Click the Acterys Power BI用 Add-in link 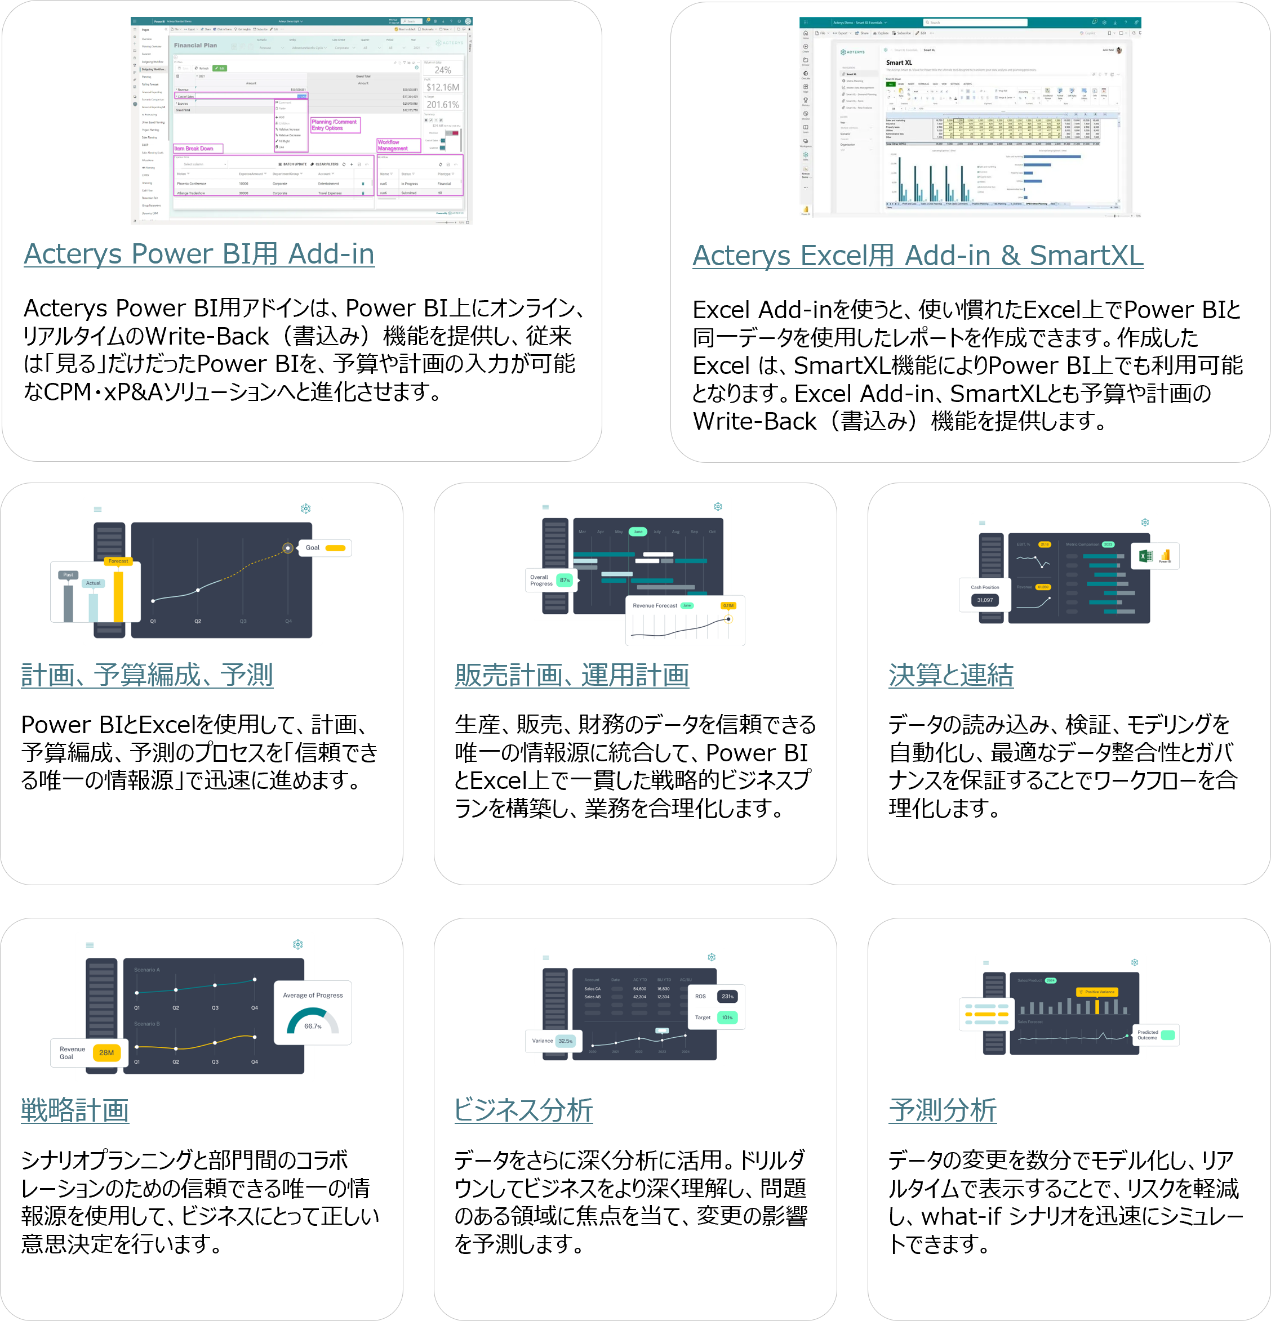(x=199, y=255)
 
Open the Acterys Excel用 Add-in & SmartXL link (x=918, y=256)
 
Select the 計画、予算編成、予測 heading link (x=147, y=675)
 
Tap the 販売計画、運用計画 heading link (x=572, y=675)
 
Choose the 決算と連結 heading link (x=951, y=675)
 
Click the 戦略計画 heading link (x=75, y=1110)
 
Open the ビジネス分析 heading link (x=523, y=1110)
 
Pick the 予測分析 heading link (x=943, y=1110)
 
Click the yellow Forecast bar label (x=118, y=561)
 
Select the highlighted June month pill (x=638, y=532)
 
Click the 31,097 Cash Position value (x=984, y=600)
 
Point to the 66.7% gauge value (x=313, y=1027)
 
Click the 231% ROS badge (x=727, y=996)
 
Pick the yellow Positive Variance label (x=1099, y=992)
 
